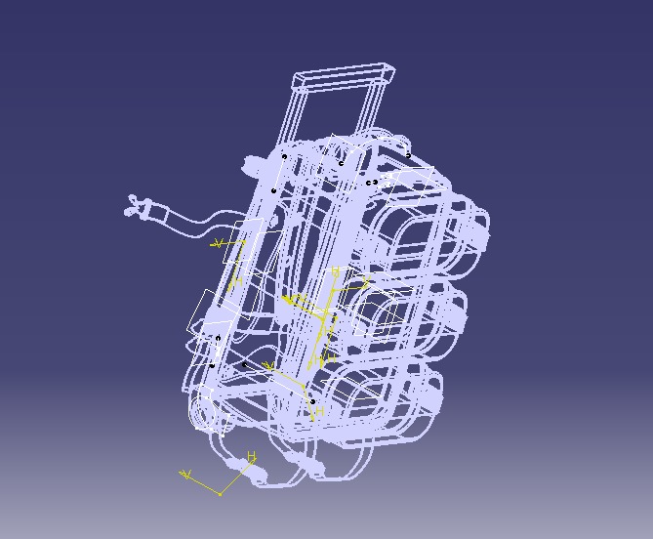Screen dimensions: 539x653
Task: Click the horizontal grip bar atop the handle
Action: [344, 74]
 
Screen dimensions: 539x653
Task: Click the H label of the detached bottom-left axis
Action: [252, 456]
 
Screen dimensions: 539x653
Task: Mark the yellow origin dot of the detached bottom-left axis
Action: [221, 494]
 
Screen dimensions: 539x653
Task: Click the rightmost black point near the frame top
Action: [408, 154]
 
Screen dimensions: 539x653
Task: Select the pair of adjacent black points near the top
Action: [372, 183]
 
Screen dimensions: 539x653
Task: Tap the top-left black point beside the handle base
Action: [285, 156]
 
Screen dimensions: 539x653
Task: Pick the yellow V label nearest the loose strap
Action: [218, 242]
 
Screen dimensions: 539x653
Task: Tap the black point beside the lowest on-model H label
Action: [312, 401]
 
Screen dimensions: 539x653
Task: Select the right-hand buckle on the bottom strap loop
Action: [312, 469]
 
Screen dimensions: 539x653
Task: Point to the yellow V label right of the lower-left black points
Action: [267, 366]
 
